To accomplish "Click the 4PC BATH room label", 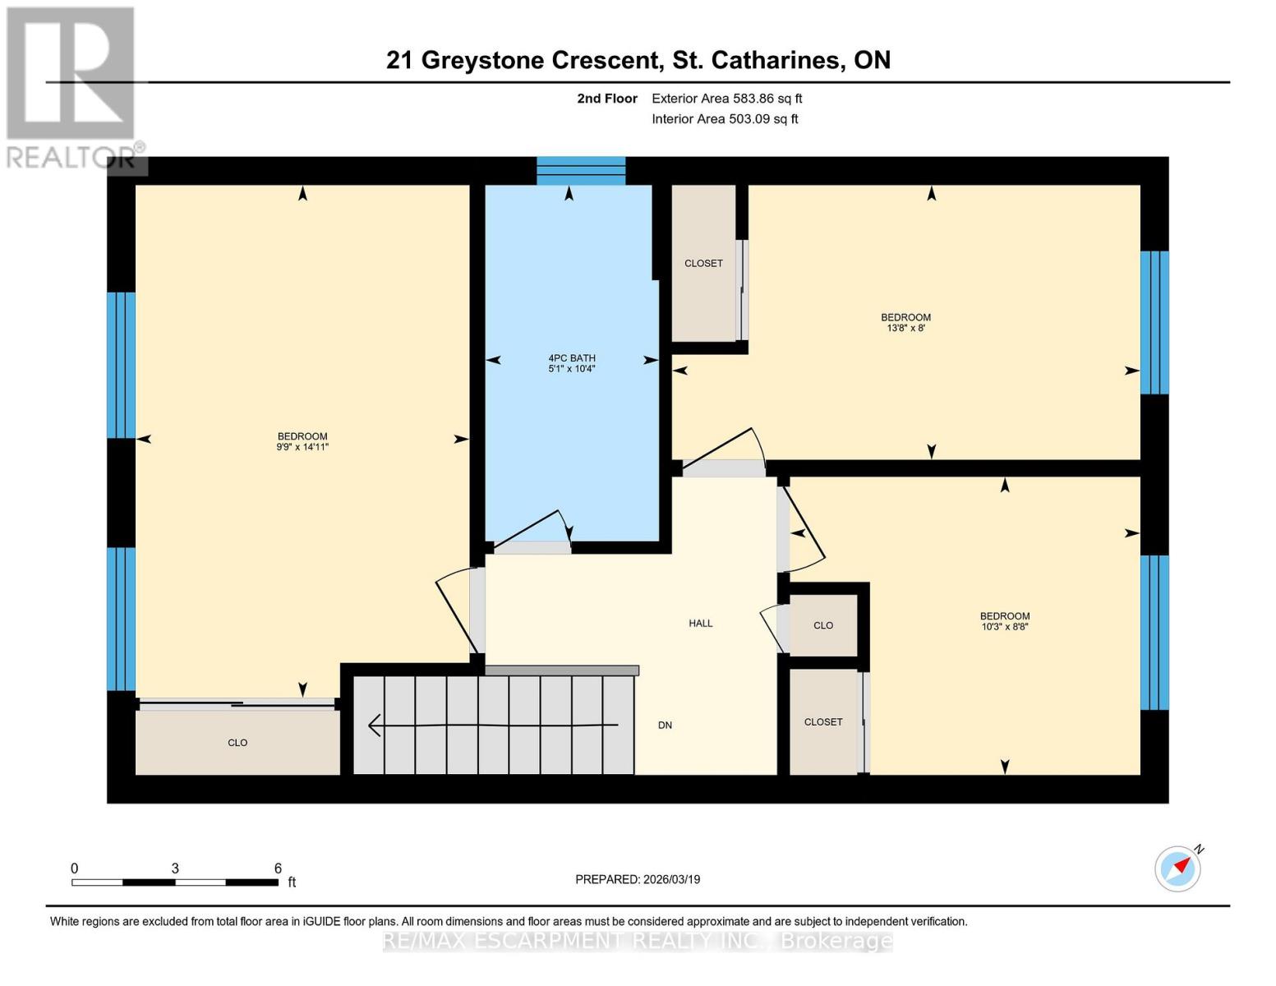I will tap(572, 358).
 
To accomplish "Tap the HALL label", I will tap(700, 624).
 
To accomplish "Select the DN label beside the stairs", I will tap(665, 726).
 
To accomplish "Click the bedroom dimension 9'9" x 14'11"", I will tap(302, 447).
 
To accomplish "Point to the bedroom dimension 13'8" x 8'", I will tap(905, 328).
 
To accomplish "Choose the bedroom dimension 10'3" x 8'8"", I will tap(1004, 627).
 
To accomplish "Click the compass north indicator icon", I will tap(1178, 868).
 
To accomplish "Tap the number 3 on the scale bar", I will tap(175, 869).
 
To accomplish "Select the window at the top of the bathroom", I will tap(581, 171).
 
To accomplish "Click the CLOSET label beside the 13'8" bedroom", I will tap(703, 264).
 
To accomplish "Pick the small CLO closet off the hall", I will tap(823, 626).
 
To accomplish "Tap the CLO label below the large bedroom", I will tap(237, 743).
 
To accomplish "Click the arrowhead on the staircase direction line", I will tap(375, 726).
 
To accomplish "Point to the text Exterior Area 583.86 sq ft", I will tap(726, 99).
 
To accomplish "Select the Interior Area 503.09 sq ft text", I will tap(725, 119).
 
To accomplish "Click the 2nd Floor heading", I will tap(606, 99).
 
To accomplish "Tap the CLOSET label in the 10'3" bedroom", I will tap(823, 722).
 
